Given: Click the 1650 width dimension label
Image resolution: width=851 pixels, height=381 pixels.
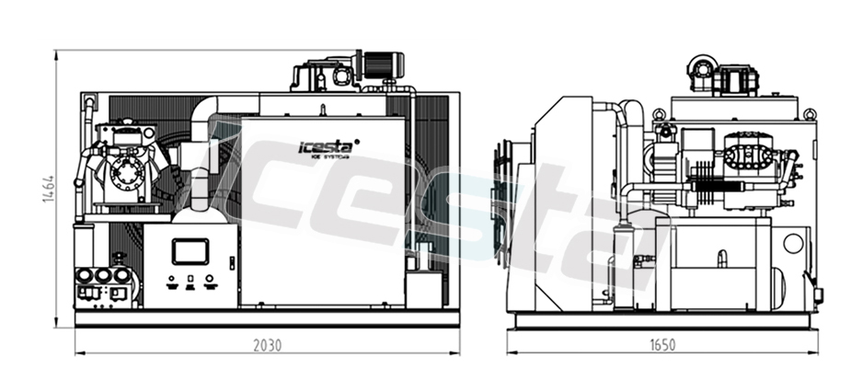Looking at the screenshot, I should (661, 345).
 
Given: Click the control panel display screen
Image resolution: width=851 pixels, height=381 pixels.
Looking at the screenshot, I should (190, 250).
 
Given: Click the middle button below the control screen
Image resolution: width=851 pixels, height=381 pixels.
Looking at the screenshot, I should (190, 279).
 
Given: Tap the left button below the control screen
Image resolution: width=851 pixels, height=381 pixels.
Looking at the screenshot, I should (169, 279).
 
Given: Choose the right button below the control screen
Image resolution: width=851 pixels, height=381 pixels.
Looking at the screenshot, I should (210, 279).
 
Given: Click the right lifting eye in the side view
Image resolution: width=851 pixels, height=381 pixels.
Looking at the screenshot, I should (809, 115).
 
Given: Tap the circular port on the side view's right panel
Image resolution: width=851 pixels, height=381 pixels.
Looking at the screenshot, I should (793, 244).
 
